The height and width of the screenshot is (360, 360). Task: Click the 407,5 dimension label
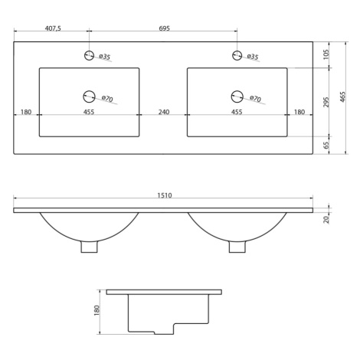coord(53,28)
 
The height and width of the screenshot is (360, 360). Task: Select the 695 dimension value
coord(165,28)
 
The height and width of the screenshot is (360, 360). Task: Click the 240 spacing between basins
coord(164,112)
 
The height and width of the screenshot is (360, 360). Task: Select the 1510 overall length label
coord(165,195)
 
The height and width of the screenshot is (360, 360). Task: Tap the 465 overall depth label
coord(343,97)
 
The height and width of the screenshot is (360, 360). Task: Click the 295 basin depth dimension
coord(326,102)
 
